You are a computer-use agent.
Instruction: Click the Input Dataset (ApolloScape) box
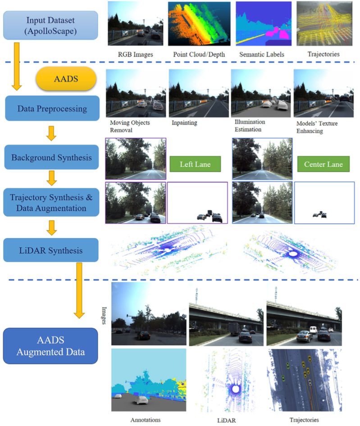coord(50,25)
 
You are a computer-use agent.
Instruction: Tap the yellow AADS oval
coord(66,78)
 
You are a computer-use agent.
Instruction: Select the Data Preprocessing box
coord(52,108)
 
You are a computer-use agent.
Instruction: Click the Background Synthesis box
coord(51,157)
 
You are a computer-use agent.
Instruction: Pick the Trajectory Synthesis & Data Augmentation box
coord(51,202)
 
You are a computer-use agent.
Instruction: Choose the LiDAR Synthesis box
coord(51,250)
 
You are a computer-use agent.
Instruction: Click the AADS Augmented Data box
coord(50,346)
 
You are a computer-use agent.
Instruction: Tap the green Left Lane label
coord(195,164)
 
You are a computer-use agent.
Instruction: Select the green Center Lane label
coord(324,164)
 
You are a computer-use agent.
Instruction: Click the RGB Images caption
coord(136,54)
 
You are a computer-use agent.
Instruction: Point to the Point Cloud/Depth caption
coord(199,54)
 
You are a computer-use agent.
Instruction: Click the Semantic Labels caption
coord(262,54)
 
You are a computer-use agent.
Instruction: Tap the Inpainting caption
coord(184,122)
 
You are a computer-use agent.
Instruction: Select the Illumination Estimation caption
coord(250,126)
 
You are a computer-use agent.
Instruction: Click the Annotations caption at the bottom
coord(146,420)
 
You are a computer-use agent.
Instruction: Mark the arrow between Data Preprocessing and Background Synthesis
coord(51,133)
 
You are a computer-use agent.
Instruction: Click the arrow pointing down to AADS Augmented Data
coord(79,290)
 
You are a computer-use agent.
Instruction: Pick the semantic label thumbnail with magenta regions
coord(264,23)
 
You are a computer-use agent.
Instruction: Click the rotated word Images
coord(104,315)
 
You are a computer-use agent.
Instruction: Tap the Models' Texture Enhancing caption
coord(317,127)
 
